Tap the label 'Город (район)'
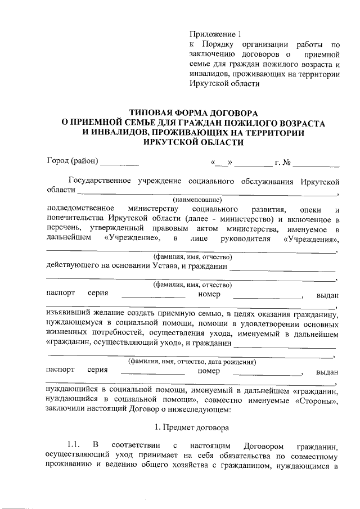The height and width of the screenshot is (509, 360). click(x=72, y=163)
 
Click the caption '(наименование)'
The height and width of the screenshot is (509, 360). click(x=197, y=199)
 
